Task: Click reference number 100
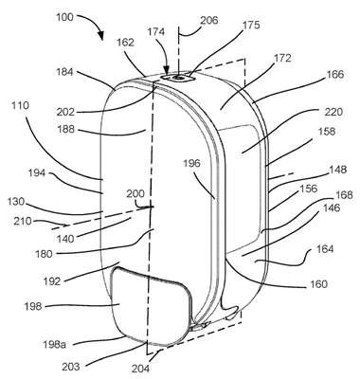click(x=64, y=17)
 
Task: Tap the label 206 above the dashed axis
click(x=209, y=20)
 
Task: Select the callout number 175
click(x=250, y=25)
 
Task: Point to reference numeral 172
click(x=281, y=59)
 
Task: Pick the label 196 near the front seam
click(x=191, y=163)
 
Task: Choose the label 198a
click(x=54, y=344)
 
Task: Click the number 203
click(x=71, y=367)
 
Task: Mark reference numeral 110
click(x=20, y=105)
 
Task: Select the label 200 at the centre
click(x=135, y=193)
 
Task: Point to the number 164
click(x=325, y=249)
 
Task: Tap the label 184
click(x=64, y=72)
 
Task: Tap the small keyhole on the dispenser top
click(x=179, y=77)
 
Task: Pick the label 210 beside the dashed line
click(x=23, y=221)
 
